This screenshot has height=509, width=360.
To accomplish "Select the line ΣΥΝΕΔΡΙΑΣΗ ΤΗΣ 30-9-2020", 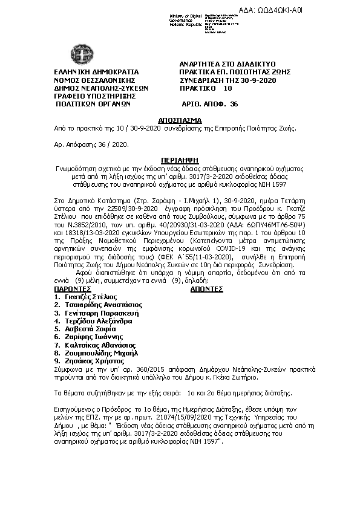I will pos(229,79).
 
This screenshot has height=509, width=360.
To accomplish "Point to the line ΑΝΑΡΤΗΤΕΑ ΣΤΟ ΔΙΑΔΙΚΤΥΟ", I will pos(228,63).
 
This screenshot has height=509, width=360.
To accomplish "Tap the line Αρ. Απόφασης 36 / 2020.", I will pos(90,145).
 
